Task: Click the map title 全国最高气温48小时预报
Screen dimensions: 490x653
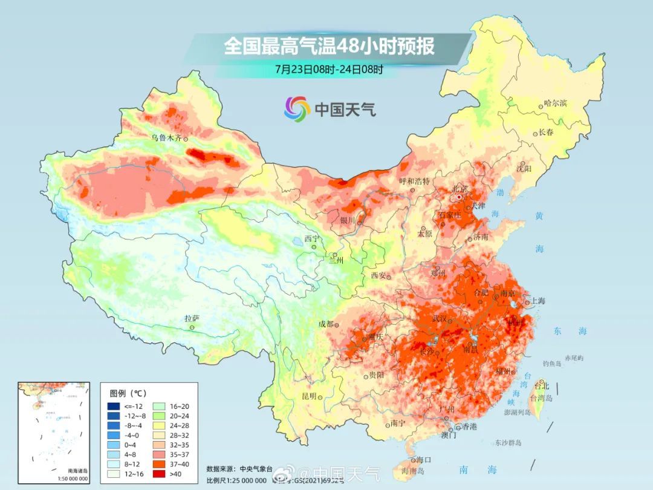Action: [x=330, y=46]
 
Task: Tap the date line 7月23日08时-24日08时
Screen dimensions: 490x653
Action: [x=329, y=69]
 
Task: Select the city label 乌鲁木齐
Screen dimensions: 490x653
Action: [x=166, y=138]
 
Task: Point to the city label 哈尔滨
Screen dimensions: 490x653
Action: [x=556, y=103]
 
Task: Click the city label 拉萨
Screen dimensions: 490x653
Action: [x=192, y=318]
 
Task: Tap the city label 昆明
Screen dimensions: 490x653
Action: [x=309, y=396]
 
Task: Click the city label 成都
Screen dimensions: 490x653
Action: [x=326, y=324]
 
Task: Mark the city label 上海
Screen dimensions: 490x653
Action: [x=538, y=301]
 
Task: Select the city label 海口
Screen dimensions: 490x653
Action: [x=424, y=460]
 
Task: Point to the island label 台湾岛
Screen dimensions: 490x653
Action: [x=541, y=398]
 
